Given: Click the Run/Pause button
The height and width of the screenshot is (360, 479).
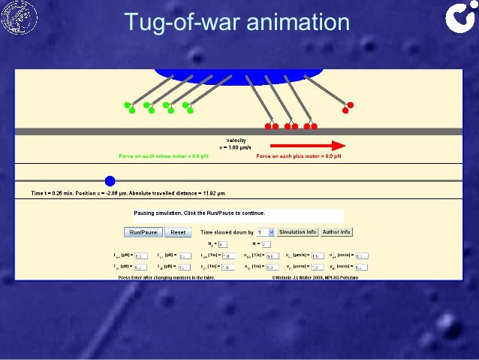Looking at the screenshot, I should coord(143,232).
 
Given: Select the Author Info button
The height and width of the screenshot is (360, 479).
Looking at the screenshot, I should coord(337,231).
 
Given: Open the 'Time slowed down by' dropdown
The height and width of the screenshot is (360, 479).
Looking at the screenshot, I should coord(271,232).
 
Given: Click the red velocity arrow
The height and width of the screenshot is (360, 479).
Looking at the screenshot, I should coord(307,146).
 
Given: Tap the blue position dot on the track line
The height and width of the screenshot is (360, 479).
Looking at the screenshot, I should coord(110,180).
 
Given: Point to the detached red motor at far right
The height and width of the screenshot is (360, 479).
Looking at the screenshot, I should coord(348,107).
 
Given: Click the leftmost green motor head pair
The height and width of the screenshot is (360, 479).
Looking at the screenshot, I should coord(129,107).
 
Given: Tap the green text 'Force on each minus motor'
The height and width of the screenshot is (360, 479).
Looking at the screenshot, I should coord(158,156).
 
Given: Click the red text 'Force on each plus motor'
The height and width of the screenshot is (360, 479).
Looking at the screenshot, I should coord(298,156).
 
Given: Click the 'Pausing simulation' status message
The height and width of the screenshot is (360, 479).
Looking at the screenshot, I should coord(200,213).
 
